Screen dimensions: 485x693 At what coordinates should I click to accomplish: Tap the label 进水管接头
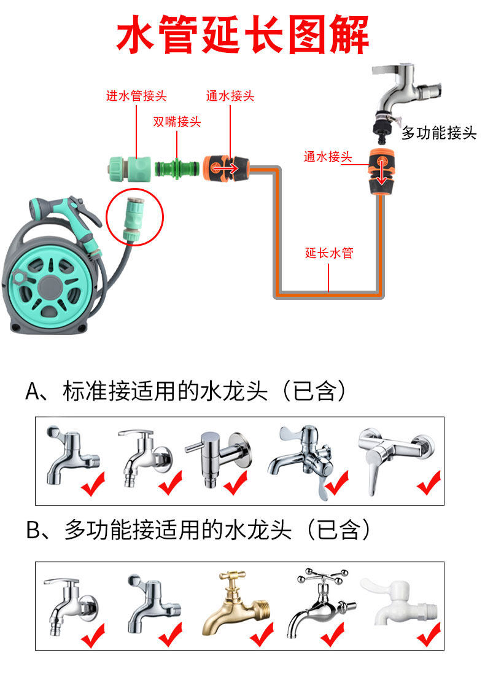pyautogui.click(x=136, y=96)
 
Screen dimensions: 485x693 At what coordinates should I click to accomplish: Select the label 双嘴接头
pyautogui.click(x=177, y=122)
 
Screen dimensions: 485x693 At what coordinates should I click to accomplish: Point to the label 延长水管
pyautogui.click(x=329, y=253)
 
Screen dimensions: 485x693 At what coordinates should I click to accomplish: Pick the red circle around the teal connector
pyautogui.click(x=135, y=216)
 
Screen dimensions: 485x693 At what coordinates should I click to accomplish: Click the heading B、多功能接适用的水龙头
pyautogui.click(x=199, y=530)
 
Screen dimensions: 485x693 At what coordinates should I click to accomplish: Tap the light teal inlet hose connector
pyautogui.click(x=128, y=168)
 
